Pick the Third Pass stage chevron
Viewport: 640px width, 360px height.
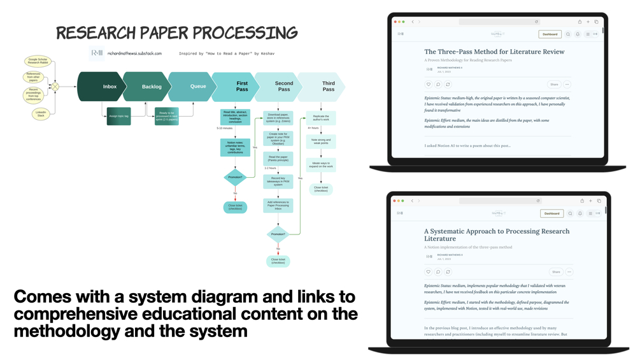[325, 87]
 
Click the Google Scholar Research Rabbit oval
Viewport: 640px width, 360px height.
[37, 62]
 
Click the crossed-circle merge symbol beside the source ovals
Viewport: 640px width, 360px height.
[55, 86]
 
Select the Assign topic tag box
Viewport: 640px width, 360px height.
[118, 116]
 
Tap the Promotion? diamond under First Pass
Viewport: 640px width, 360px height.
[235, 177]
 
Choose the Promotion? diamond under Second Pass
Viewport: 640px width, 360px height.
[278, 234]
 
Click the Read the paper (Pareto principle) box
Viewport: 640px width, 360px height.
[278, 159]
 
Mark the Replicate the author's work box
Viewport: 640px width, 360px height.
[321, 118]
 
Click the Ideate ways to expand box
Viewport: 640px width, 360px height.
[321, 165]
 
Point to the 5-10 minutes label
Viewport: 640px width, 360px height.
[225, 128]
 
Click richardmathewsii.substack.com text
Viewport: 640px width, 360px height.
[134, 54]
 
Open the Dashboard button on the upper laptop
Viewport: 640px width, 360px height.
[550, 34]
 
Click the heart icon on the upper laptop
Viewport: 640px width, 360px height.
[429, 84]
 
